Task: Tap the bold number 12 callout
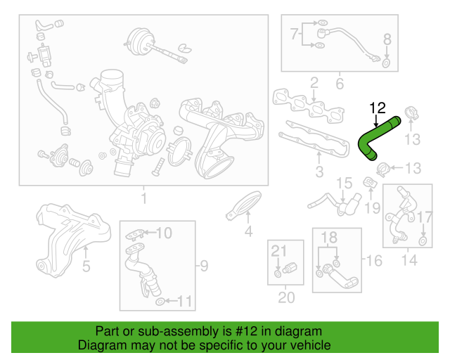pos(378,108)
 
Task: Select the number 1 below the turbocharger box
pos(143,199)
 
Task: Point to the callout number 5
pos(86,266)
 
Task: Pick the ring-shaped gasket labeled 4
pos(245,205)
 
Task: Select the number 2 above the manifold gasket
pos(314,82)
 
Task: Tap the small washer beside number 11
pos(160,302)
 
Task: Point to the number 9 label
pos(203,265)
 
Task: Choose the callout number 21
pos(280,251)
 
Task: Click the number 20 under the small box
pos(285,297)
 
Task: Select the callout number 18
pos(330,239)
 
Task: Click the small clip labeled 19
pos(369,184)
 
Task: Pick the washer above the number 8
pos(386,64)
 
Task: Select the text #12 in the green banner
pos(236,331)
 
